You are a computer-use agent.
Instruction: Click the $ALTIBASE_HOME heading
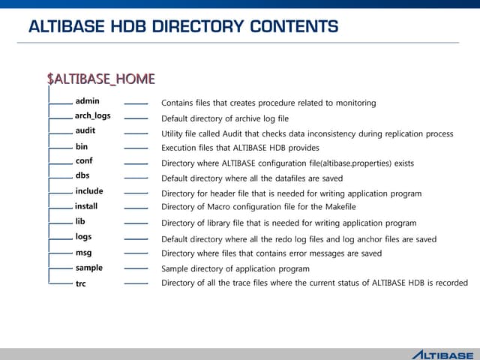click(x=100, y=79)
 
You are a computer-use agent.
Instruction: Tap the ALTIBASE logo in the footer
click(x=442, y=354)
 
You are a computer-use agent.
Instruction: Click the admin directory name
click(x=87, y=101)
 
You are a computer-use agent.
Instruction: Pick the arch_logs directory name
click(x=92, y=116)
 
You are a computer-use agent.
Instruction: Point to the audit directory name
click(x=85, y=131)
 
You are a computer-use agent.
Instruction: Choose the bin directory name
click(x=82, y=147)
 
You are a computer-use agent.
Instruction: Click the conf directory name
click(x=84, y=161)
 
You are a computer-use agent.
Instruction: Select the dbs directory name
click(x=82, y=176)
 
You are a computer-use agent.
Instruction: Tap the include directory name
click(x=89, y=191)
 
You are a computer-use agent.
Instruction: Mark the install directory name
click(x=86, y=206)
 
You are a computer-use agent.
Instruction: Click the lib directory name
click(x=80, y=222)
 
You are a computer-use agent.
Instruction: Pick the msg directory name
click(x=83, y=253)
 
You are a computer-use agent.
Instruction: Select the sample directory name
click(x=89, y=268)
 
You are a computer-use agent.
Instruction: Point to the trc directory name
click(x=81, y=284)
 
